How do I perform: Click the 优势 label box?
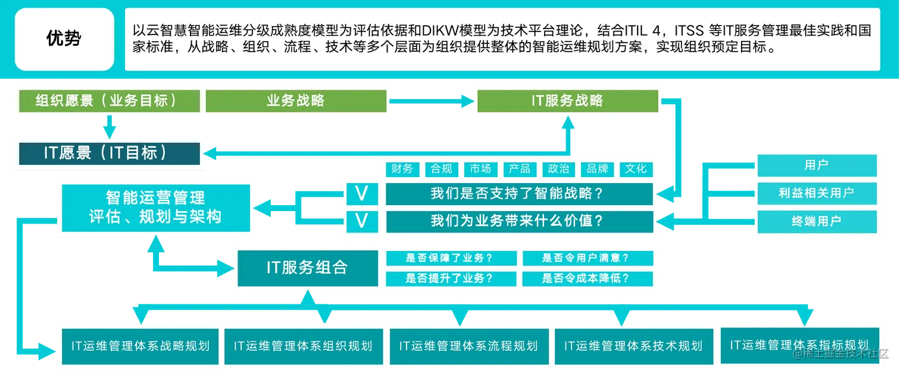point(64,39)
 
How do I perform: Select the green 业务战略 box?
point(295,100)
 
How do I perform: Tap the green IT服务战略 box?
point(567,100)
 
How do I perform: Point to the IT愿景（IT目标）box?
point(109,153)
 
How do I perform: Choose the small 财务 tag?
point(402,169)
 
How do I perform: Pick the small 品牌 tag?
point(597,169)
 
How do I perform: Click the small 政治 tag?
point(558,169)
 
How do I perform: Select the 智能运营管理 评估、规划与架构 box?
point(155,207)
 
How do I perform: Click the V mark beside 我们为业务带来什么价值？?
point(361,221)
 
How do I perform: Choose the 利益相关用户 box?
point(816,193)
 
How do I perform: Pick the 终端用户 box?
point(816,221)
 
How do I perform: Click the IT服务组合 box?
point(307,268)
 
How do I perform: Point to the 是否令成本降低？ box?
point(587,278)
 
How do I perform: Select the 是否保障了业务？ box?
point(452,258)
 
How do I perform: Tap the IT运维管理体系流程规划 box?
point(468,346)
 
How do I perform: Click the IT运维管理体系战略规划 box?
point(140,346)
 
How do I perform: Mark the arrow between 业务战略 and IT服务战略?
point(433,101)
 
